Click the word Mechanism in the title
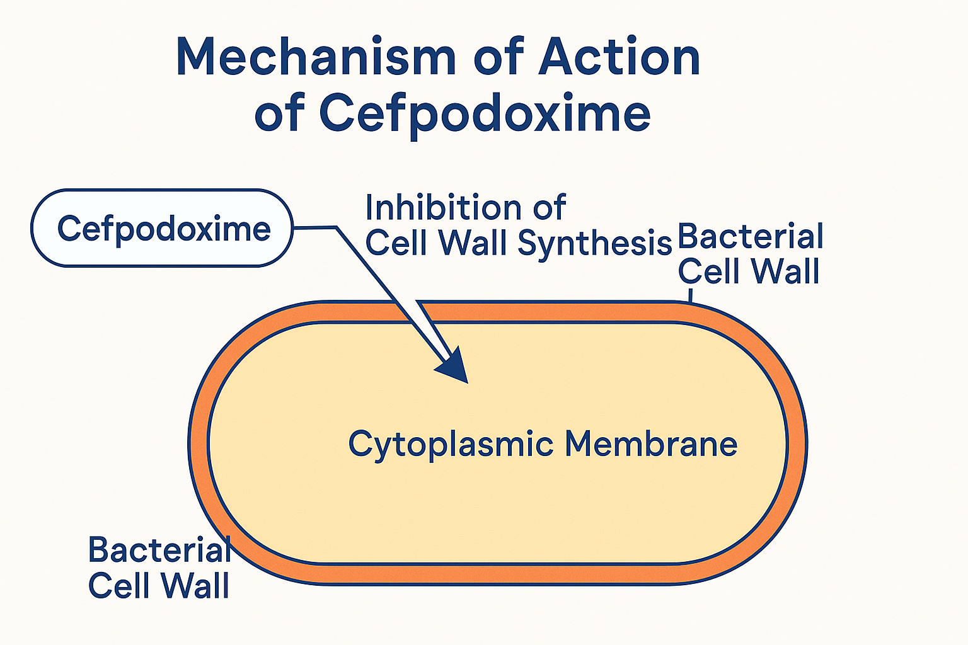coord(315,58)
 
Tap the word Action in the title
coord(619,58)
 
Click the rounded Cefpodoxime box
coord(163,228)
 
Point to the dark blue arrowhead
coord(454,367)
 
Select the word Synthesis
coord(595,243)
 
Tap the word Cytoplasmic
coord(451,445)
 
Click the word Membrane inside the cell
coord(650,443)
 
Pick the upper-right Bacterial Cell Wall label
coord(750,254)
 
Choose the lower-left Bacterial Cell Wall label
coord(159,568)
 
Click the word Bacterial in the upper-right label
coord(750,237)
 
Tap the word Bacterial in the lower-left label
coord(159,550)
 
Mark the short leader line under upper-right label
coord(691,295)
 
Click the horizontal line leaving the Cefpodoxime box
coord(315,227)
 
